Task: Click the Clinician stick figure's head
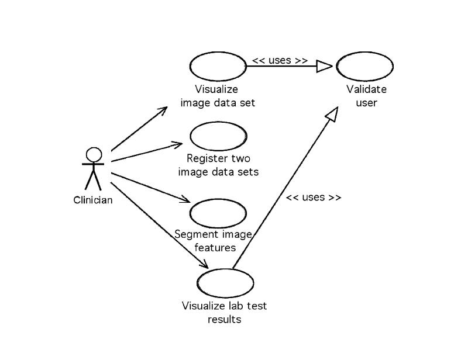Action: [93, 154]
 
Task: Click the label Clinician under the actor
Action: [93, 200]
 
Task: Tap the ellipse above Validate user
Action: [365, 67]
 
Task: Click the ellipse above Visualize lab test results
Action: [226, 282]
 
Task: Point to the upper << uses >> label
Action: [280, 60]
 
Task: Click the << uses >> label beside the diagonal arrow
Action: [313, 197]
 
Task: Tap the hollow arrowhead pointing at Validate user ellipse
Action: [324, 67]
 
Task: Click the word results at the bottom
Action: [224, 319]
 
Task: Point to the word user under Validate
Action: [366, 103]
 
